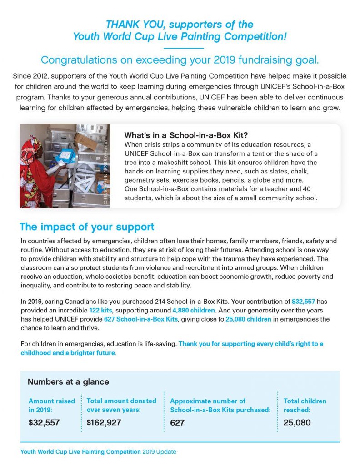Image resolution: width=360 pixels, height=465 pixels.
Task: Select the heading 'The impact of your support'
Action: tap(87, 227)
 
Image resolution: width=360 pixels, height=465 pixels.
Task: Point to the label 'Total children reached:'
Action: tap(305, 405)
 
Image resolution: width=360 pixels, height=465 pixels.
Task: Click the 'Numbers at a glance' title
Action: tap(68, 381)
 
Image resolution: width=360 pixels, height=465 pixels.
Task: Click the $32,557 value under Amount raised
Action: tap(44, 423)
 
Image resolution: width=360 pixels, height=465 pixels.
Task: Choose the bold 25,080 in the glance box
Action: tap(297, 423)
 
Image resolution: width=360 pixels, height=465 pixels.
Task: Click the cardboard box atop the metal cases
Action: tap(86, 142)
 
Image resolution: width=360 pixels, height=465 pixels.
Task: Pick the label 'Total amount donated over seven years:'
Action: tap(121, 405)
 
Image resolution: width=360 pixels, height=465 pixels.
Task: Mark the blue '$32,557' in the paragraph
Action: tap(304, 301)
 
